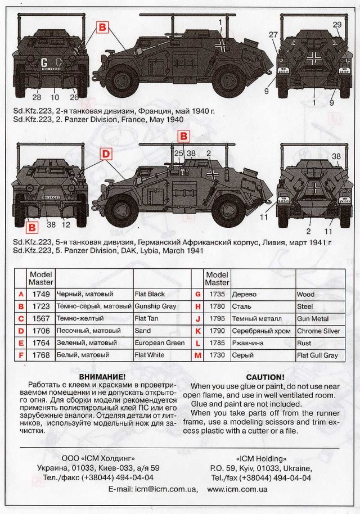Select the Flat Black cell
150,294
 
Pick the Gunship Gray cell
156,306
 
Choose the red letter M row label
197,355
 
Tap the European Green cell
160,343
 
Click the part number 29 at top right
337,24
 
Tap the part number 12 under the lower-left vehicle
65,225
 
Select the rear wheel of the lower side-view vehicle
119,209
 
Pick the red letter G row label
197,294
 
